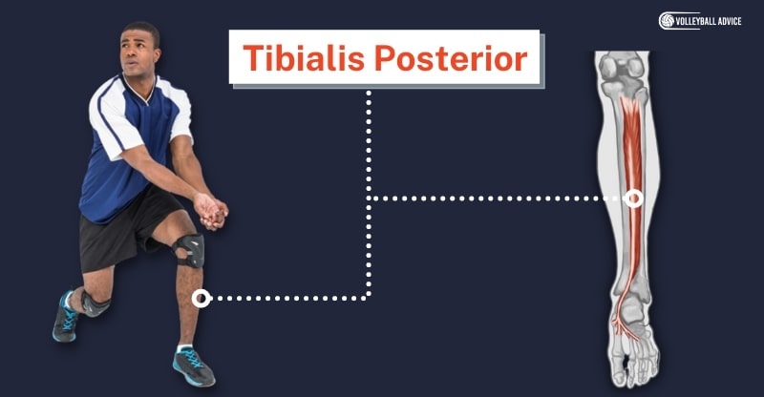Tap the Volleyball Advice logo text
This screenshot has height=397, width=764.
708,21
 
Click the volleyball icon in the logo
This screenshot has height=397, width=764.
667,21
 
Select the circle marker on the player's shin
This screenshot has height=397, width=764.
201,298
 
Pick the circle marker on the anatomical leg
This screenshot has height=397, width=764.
633,198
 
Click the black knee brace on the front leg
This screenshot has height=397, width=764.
188,250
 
